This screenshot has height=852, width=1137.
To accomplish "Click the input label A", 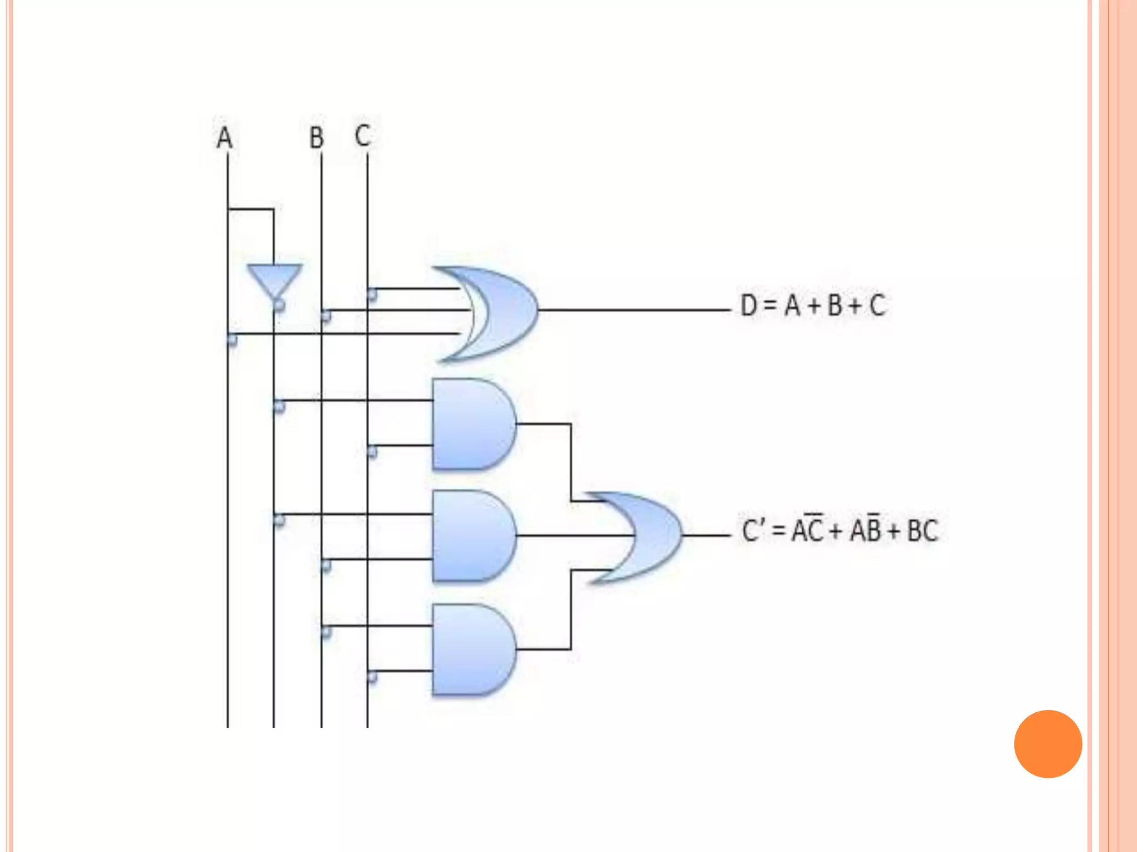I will tap(224, 138).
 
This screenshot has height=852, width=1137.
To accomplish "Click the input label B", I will tap(316, 138).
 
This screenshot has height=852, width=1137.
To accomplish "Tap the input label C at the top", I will tap(363, 136).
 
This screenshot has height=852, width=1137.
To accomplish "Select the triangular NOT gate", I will tap(274, 281).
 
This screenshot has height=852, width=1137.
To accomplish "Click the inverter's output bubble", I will tap(279, 305).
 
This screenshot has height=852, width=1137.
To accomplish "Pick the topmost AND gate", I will tap(472, 424).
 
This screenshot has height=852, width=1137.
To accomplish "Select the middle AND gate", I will tap(472, 536).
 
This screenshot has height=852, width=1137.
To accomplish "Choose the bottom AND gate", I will tap(472, 649).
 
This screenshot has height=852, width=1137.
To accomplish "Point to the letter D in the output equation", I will tap(749, 305).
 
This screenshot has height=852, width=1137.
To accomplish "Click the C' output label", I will tap(755, 531).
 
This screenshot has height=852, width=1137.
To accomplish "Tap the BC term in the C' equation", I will tap(922, 531).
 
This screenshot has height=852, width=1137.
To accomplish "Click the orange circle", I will tap(1048, 744).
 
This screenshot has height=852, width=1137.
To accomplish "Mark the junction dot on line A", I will tap(232, 339).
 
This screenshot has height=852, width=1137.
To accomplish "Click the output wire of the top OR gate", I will tap(633, 310).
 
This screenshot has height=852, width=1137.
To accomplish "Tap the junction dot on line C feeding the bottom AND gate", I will tap(371, 677).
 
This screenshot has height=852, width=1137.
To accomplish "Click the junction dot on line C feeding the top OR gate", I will tap(371, 293).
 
